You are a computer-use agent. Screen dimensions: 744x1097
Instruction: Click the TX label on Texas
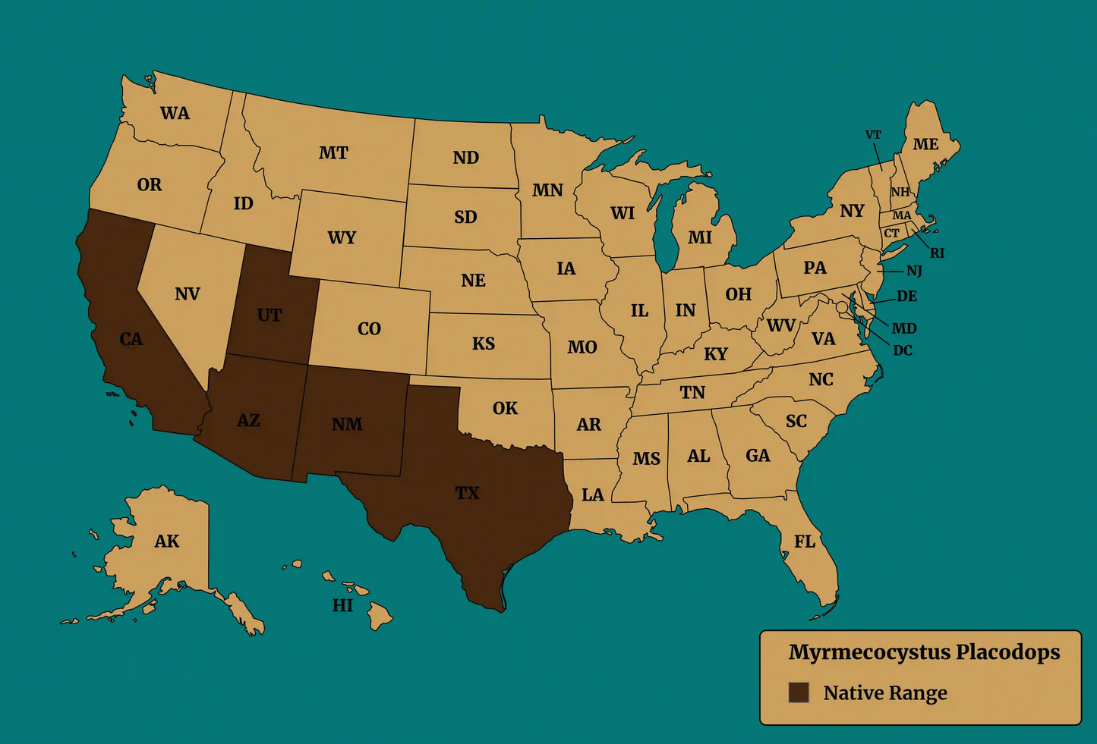coord(467,493)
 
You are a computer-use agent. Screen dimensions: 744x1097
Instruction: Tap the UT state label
coord(270,315)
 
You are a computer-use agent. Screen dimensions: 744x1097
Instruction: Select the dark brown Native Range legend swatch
coord(798,692)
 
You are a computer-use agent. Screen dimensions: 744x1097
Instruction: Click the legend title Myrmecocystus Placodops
coord(924,652)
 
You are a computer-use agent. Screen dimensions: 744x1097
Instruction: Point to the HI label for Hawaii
coord(342,605)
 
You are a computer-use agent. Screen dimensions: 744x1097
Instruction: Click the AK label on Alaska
coord(167,542)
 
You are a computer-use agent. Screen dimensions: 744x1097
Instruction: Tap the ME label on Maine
coord(925,144)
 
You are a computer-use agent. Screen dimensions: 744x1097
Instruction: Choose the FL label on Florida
coord(805,542)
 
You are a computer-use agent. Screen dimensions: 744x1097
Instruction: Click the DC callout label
coord(903,350)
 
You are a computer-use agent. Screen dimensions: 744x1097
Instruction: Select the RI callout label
coord(938,253)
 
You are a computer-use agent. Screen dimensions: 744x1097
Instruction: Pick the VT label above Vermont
coord(873,135)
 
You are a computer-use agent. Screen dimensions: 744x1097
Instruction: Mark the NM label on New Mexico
coord(347,424)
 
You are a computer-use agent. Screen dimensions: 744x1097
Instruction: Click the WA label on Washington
coord(175,114)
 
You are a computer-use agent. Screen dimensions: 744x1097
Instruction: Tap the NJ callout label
coord(914,271)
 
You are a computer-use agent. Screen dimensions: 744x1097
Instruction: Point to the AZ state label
coord(248,420)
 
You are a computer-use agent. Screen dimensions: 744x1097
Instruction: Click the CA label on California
coord(131,339)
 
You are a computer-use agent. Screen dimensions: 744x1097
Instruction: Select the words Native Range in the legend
coord(885,693)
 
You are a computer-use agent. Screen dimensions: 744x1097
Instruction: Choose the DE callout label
coord(906,296)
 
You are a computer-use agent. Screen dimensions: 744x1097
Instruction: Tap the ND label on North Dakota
coord(466,158)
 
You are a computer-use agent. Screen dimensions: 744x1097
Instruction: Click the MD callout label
coord(904,328)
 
